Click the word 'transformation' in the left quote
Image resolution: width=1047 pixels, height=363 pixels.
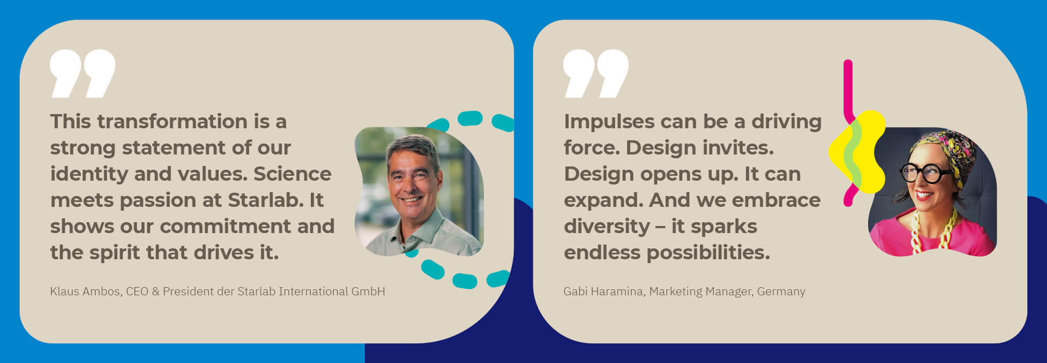[x=172, y=121]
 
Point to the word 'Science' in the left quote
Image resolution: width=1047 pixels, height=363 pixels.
[x=292, y=174]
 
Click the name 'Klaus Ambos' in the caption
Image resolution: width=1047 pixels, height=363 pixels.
[x=86, y=291]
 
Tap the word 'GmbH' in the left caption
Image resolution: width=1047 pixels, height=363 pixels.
[x=368, y=291]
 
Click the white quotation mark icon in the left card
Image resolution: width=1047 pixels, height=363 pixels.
[x=82, y=74]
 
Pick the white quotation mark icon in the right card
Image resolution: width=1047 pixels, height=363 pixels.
[x=596, y=74]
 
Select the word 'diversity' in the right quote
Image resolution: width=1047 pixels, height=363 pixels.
[x=606, y=226]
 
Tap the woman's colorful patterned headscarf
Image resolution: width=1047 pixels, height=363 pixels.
[x=943, y=151]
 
